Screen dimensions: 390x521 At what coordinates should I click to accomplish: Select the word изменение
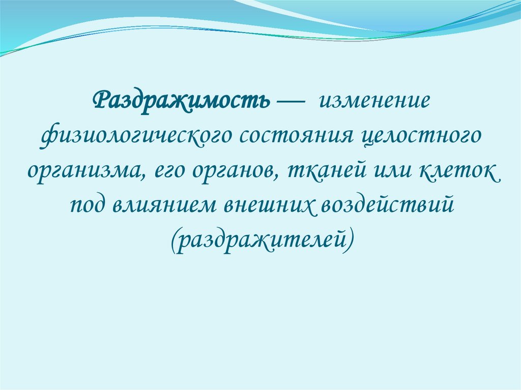pos(374,100)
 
